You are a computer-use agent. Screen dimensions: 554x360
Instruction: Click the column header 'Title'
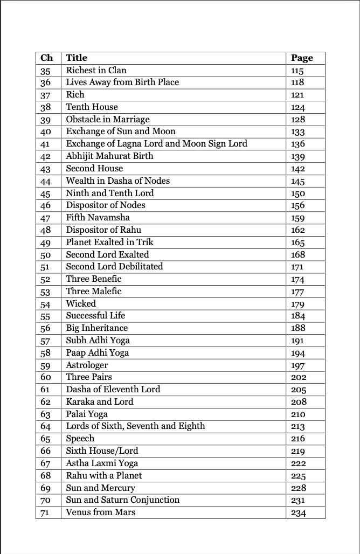coord(77,58)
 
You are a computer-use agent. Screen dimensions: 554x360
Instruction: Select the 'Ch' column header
coord(47,58)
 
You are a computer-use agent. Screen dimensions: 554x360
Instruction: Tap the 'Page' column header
coord(302,58)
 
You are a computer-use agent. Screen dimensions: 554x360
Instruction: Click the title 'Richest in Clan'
coord(96,70)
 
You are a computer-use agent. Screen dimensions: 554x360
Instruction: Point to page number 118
coord(297,82)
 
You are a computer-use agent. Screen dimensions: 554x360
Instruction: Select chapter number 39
coord(45,120)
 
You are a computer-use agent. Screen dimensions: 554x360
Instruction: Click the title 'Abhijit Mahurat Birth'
coord(109,156)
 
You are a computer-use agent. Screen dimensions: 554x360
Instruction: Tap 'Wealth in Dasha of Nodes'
coord(117,181)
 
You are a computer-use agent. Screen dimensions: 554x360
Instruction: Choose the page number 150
coord(297,193)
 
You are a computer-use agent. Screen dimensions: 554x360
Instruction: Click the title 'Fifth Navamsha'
coord(98,218)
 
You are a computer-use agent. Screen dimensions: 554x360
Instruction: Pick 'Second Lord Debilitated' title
coord(114,267)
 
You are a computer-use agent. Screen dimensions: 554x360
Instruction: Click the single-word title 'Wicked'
coord(81,303)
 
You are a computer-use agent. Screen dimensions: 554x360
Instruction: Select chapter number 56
coord(45,328)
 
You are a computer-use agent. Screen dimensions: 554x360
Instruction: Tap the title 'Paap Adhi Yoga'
coord(98,353)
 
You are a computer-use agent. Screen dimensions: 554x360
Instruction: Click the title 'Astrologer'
coord(87,365)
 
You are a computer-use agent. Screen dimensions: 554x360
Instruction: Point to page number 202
coord(298,377)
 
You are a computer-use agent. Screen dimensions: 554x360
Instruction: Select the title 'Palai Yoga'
coord(87,414)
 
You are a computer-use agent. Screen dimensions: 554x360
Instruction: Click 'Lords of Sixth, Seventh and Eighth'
coord(135,426)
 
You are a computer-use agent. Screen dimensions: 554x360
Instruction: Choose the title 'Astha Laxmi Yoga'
coord(102,463)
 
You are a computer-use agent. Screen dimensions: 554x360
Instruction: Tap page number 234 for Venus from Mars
coord(298,513)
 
